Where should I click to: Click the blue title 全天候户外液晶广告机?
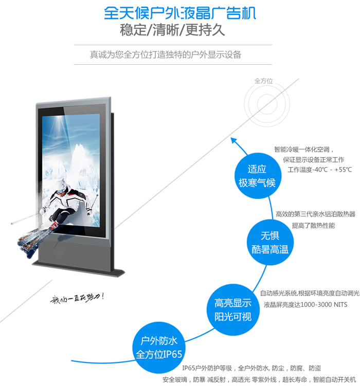point(179,13)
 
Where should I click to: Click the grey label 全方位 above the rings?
point(263,81)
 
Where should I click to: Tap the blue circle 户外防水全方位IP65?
point(158,347)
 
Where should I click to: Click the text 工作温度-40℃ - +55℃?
point(319,170)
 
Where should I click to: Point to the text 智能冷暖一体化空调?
point(304,150)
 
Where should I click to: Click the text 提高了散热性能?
point(313,225)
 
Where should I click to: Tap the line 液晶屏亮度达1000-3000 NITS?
point(305,304)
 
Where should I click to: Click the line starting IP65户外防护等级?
point(251,368)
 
